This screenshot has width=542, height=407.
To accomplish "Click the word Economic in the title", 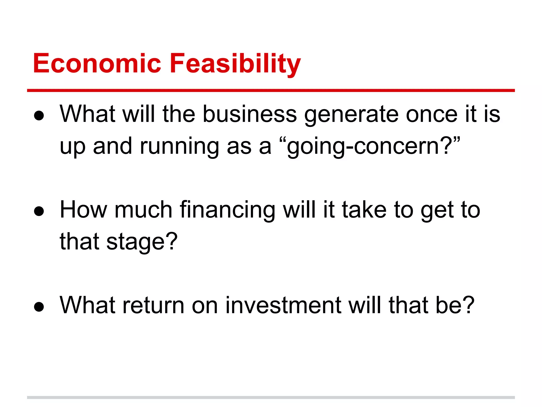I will pos(97,64).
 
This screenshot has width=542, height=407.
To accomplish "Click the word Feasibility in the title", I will pos(235,64).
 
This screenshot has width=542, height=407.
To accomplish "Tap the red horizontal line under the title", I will pos(271,91).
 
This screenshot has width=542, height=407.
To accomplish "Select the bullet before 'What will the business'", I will pos(39,116).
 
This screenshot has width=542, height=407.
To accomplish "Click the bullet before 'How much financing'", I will pos(39,211).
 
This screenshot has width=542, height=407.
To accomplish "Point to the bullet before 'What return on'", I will pos(39,307).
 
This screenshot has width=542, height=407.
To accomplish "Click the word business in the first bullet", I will pos(250,114).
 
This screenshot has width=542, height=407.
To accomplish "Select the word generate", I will pos(351,114).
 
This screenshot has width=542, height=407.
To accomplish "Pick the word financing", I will pos(228,210).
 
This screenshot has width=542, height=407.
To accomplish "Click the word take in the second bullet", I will pos(364,210).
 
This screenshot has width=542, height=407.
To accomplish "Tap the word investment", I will pos(283,306).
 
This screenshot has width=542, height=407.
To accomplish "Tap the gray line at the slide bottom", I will pos(271,397).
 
